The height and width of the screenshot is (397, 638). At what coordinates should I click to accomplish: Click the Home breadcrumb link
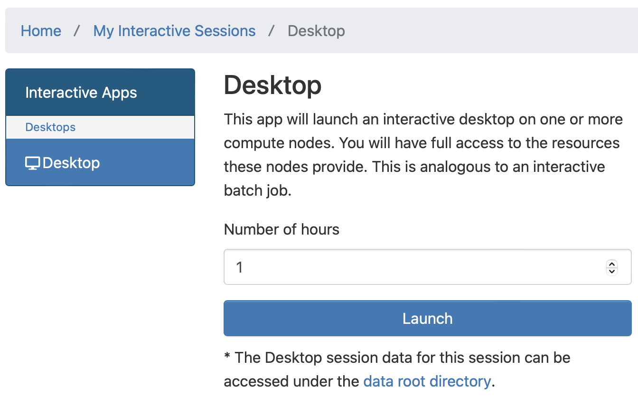(41, 31)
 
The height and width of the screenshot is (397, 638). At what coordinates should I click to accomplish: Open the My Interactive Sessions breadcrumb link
(174, 31)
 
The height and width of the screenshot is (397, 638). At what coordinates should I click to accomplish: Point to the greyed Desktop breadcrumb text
(316, 31)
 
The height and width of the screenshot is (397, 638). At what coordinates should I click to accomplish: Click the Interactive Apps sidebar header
(81, 93)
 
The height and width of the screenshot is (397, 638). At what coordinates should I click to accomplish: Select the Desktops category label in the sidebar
(50, 127)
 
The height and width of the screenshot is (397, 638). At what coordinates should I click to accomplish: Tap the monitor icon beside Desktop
(32, 163)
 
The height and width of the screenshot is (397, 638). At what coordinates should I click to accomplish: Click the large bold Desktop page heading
(272, 85)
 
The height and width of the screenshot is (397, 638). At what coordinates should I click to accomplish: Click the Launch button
(428, 318)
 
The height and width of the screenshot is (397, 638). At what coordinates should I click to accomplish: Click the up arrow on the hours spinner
(612, 264)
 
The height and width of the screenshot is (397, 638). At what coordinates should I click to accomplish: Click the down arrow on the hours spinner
(612, 271)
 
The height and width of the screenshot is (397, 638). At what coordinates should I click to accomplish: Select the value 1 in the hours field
(239, 267)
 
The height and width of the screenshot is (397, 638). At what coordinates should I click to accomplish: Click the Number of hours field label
(281, 229)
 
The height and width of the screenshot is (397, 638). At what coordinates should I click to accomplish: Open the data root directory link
(427, 381)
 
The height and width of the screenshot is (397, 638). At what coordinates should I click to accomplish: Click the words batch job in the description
(258, 190)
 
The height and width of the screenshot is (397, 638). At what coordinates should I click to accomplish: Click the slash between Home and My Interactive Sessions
(76, 31)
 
